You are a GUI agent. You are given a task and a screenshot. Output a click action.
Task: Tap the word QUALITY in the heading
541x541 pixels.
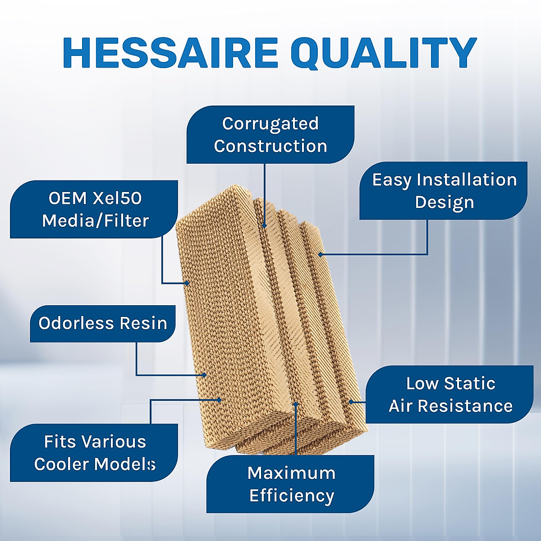pos(385,53)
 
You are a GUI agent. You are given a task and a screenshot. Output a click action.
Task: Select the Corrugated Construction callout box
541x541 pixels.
pos(270,134)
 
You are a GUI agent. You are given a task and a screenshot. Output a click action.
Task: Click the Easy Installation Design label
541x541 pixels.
pos(444,191)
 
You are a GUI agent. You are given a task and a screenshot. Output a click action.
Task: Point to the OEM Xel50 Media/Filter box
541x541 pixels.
pos(95,209)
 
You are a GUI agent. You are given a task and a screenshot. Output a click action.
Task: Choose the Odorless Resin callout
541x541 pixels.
pos(103,323)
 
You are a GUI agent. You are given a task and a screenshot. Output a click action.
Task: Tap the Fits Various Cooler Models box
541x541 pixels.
pos(94,453)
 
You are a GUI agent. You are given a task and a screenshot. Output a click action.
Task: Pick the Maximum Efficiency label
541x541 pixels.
pos(291,484)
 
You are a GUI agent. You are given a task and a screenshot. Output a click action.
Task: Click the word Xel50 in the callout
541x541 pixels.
pos(117,198)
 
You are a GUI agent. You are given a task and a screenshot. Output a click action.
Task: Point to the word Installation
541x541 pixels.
pos(467,179)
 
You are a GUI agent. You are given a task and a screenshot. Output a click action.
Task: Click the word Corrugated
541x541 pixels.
pos(270,123)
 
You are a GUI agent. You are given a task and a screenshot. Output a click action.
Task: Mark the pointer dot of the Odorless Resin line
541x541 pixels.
pos(204,375)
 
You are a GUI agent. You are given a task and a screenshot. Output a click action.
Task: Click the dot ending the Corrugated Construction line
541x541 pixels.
pos(265,225)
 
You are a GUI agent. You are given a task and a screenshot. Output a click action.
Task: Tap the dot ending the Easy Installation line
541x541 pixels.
pos(320,255)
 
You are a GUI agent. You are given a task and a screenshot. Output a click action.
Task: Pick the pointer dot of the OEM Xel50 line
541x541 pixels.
pos(187,283)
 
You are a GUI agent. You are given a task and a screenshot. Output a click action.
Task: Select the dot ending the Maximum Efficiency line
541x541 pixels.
pos(296,404)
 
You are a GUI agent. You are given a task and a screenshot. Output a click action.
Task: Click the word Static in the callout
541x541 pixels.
pos(469,383)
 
